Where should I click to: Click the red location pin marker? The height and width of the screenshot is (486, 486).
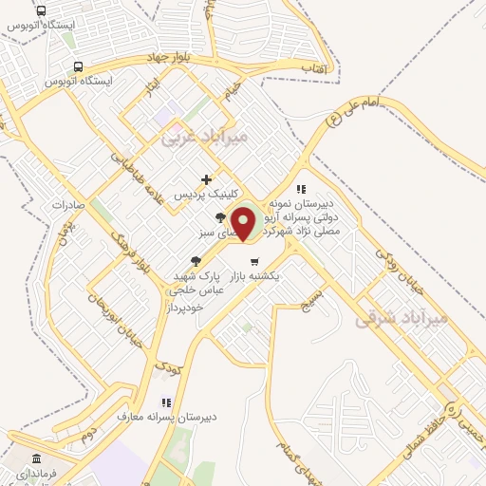[x=244, y=222]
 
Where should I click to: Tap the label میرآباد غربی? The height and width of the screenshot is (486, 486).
[x=204, y=137]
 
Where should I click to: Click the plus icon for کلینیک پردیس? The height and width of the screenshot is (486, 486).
[x=206, y=178]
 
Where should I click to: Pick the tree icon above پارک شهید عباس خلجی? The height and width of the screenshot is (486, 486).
[x=196, y=260]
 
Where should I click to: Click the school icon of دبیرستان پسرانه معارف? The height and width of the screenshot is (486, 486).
[x=166, y=402]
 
